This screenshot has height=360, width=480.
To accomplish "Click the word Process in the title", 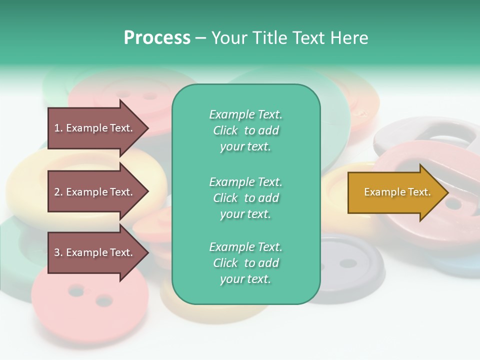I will (x=157, y=38).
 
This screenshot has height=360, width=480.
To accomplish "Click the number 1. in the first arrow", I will (x=58, y=128).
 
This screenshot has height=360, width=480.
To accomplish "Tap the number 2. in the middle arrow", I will (x=58, y=192).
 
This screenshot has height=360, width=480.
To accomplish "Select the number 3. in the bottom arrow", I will (x=58, y=252).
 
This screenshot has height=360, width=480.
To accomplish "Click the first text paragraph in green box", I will (x=245, y=130).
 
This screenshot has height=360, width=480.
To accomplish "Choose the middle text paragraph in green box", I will (x=245, y=198).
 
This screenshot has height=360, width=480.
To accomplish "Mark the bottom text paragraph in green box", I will (x=245, y=263).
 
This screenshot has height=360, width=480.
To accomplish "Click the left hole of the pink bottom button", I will (x=76, y=290).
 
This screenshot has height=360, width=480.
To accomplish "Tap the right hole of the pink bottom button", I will (x=104, y=301).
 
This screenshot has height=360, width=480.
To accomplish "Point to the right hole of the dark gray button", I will (x=348, y=263).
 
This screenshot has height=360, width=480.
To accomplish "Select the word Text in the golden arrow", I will (x=419, y=192).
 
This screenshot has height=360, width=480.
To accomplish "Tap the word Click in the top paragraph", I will (x=225, y=130).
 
